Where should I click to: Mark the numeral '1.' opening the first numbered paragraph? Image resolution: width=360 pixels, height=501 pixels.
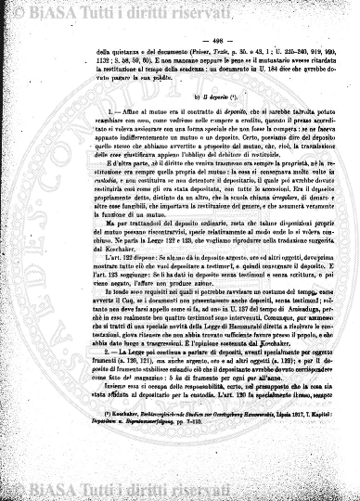83,125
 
